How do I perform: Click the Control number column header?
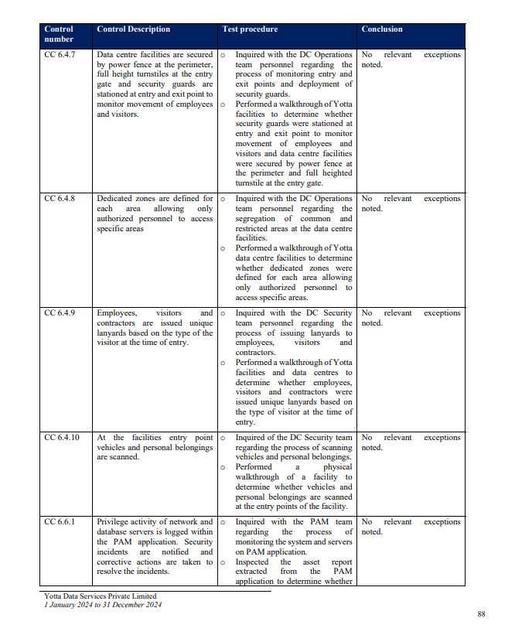(59, 34)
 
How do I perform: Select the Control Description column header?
(133, 29)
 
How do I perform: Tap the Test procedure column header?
(250, 29)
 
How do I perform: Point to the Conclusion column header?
(382, 29)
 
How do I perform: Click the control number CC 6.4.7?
(60, 55)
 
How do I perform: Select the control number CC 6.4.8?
(60, 199)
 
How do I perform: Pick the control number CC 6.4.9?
(60, 313)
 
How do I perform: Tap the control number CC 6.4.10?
(63, 438)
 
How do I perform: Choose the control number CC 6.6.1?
(60, 522)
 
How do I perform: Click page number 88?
(481, 613)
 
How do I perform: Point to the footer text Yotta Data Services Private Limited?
(100, 596)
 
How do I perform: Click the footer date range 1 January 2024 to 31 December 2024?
(103, 605)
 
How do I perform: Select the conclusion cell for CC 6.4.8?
(411, 203)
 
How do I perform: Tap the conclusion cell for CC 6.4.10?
(411, 442)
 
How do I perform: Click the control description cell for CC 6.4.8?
(155, 213)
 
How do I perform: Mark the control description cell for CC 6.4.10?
(155, 447)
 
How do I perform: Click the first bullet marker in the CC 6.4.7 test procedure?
(223, 56)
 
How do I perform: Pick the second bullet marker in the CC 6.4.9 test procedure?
(223, 363)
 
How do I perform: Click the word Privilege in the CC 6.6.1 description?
(113, 522)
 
